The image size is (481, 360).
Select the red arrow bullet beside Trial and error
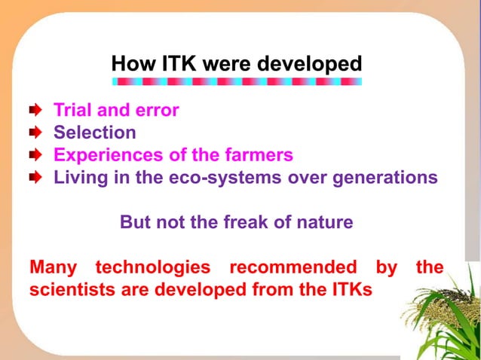(x=35, y=111)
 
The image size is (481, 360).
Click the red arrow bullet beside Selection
(x=35, y=133)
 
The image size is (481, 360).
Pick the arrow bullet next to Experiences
(x=35, y=156)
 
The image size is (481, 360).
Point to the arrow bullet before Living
(x=35, y=178)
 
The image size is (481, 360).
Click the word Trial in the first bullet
(x=72, y=111)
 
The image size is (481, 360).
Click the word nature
(x=326, y=224)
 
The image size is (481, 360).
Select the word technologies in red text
(x=152, y=267)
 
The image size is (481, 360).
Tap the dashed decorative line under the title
(x=236, y=81)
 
